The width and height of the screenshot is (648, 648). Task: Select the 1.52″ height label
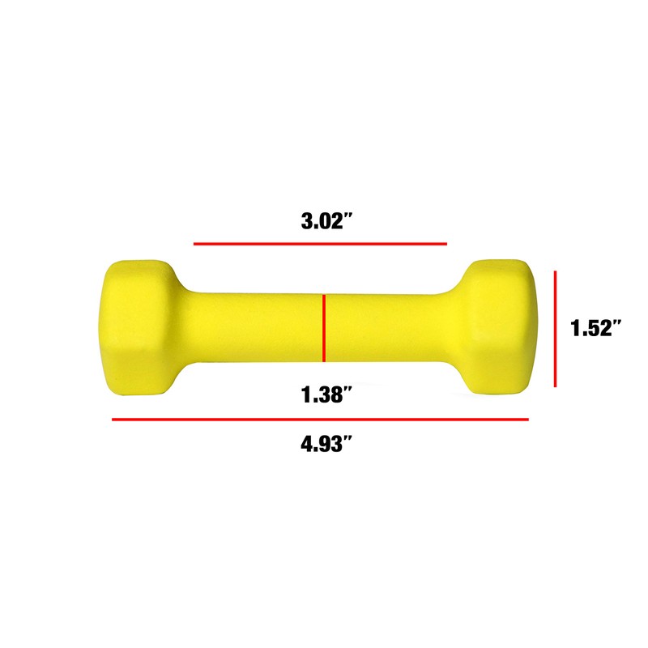pos(595,329)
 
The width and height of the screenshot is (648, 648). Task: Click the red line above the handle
pos(320,243)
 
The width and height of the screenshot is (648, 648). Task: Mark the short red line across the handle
pos(324,328)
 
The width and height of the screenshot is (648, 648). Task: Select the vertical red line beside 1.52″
pos(556,329)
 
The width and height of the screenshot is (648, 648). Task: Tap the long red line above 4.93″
pos(320,420)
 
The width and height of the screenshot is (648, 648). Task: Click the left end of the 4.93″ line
pos(113,420)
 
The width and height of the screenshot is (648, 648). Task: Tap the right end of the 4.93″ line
pos(528,420)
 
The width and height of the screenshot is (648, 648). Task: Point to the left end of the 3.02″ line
pos(194,243)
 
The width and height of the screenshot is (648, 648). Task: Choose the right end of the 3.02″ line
pos(446,243)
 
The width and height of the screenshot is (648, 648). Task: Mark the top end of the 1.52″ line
pos(556,271)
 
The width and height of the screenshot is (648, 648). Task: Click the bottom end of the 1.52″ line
pos(556,386)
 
